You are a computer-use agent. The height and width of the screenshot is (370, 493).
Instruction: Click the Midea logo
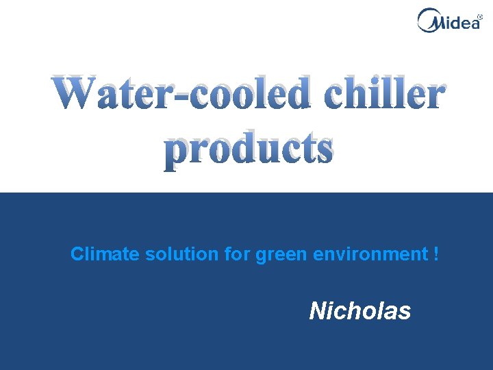449,20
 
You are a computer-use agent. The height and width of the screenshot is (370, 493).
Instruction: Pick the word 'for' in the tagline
237,254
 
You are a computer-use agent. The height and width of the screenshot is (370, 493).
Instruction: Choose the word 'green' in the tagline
281,254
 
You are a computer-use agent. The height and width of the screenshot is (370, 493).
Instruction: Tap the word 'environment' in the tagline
370,254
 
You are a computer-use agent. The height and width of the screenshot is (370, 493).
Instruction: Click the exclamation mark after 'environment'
436,254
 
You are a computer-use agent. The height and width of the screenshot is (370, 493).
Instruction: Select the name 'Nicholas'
359,311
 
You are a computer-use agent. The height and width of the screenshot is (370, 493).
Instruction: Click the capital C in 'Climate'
77,254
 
